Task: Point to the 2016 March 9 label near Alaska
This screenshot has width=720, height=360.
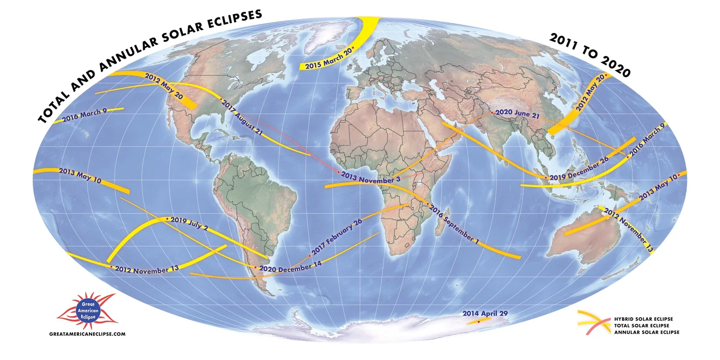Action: pos(84,115)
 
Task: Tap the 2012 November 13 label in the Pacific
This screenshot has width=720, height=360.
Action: pos(146,270)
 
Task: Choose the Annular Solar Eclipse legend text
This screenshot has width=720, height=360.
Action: pos(647,332)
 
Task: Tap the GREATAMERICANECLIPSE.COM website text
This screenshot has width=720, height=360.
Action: pos(87,333)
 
